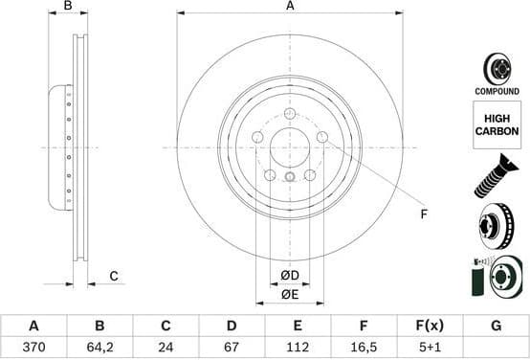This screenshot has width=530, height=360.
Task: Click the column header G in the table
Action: [496, 326]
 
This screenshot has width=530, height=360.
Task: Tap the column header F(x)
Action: [429, 326]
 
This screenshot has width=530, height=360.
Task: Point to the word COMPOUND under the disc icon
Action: [497, 91]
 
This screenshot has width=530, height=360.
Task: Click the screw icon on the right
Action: [496, 179]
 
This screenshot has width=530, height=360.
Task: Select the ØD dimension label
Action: [290, 277]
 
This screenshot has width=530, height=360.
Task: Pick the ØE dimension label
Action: [290, 295]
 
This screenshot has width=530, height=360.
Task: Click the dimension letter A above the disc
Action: [290, 7]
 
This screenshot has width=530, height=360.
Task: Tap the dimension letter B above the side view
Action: [67, 7]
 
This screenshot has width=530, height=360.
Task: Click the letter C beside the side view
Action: [113, 277]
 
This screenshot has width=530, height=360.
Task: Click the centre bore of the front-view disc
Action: [290, 148]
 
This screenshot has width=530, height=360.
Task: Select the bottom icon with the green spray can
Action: [496, 279]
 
